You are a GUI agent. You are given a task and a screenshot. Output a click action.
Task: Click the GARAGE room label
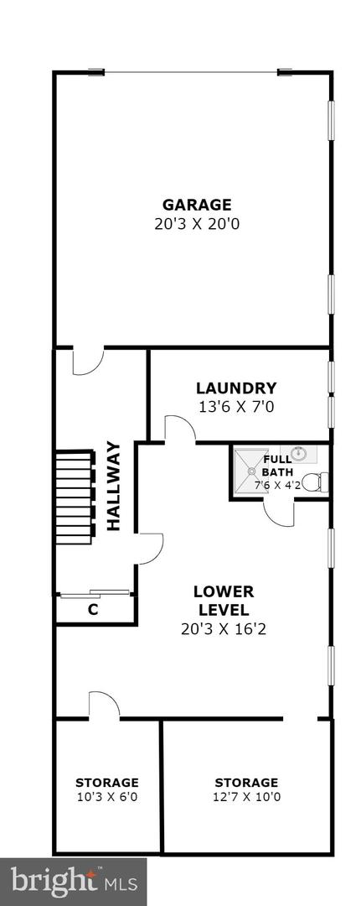point(197,205)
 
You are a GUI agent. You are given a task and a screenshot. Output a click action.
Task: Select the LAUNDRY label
point(236,388)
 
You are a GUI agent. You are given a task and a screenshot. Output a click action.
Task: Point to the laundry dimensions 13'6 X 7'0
point(236,407)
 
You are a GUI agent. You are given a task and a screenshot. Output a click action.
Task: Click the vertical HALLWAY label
point(114,487)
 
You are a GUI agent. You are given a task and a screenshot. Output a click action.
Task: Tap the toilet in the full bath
point(313,482)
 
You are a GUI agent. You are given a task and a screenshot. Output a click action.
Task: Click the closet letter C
point(93,611)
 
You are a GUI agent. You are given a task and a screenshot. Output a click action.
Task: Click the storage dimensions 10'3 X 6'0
point(107,797)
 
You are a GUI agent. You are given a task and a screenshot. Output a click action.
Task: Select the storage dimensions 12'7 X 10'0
point(246,797)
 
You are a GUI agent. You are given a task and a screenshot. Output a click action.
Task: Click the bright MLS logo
point(74,881)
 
